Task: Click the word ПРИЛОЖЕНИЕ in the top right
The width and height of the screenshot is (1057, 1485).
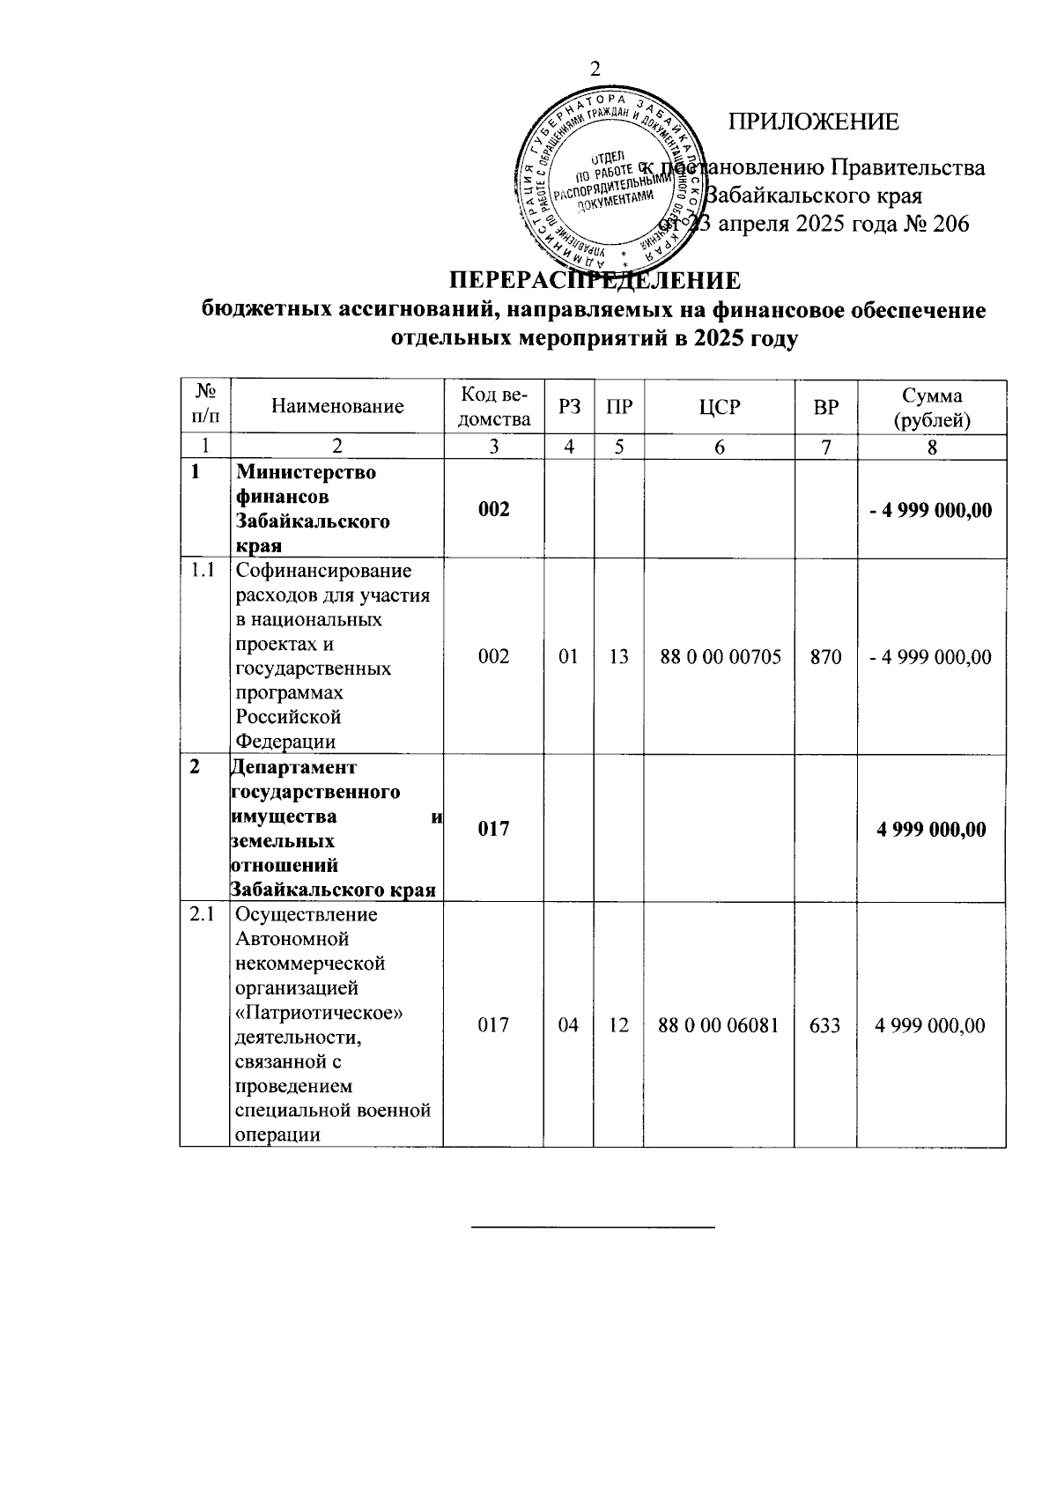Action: tap(813, 122)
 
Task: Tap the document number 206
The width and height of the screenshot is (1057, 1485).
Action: tap(945, 224)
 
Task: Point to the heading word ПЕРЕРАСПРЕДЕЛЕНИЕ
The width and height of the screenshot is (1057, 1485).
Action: tap(595, 281)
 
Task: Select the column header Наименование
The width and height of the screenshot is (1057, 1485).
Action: tap(337, 406)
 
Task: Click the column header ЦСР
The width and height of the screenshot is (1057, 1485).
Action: tap(720, 406)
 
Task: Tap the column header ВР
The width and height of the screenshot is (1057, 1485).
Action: tap(825, 406)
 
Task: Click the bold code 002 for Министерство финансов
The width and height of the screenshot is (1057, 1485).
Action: tap(493, 509)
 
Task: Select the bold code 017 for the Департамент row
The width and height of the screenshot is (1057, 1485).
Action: tap(493, 829)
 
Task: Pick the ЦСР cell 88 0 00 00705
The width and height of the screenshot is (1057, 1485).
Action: tap(720, 657)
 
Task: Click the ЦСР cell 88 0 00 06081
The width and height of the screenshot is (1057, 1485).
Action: tap(720, 1025)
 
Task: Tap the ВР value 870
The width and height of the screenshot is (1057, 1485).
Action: tap(825, 657)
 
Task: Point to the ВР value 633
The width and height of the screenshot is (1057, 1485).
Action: tap(825, 1025)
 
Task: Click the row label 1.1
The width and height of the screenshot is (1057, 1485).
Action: tap(203, 571)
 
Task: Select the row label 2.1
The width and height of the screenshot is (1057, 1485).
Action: tap(203, 914)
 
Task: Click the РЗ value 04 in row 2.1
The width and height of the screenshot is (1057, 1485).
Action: tap(569, 1025)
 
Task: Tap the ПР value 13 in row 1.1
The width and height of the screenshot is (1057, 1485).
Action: tap(618, 657)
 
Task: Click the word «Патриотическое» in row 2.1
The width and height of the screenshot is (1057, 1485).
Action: tap(321, 1013)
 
